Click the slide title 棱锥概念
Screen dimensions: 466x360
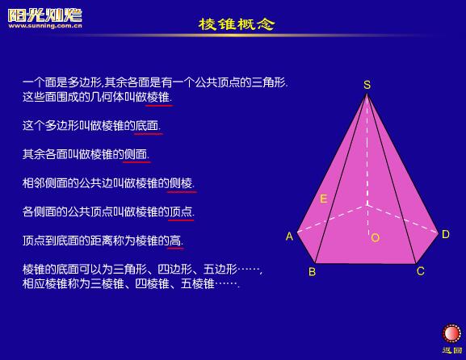(237, 24)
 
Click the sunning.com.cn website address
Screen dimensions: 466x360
(45, 26)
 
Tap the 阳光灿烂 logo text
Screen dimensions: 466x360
(45, 15)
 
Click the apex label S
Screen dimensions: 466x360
(367, 85)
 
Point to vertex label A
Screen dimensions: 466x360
(289, 237)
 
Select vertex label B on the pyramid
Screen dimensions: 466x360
(312, 272)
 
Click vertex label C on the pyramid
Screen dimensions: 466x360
(421, 271)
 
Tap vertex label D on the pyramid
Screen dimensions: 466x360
(446, 234)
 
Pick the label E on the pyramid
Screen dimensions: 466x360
(323, 199)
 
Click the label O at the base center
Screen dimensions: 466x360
(376, 237)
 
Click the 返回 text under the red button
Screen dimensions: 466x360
(452, 350)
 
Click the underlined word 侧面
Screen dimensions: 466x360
(136, 154)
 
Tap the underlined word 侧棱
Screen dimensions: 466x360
(181, 183)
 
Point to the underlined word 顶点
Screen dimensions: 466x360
(181, 211)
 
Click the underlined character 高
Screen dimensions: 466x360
(175, 241)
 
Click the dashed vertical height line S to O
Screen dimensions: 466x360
(367, 164)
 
